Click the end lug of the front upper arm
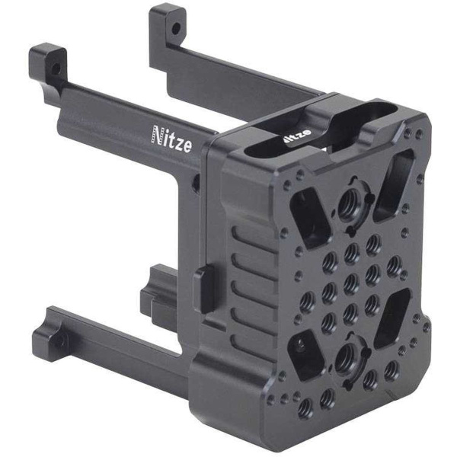click(48, 61)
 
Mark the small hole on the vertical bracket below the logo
click(196, 183)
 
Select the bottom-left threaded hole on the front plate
click(305, 407)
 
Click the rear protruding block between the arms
click(156, 293)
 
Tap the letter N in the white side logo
click(158, 136)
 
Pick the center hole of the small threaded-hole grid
click(350, 282)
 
